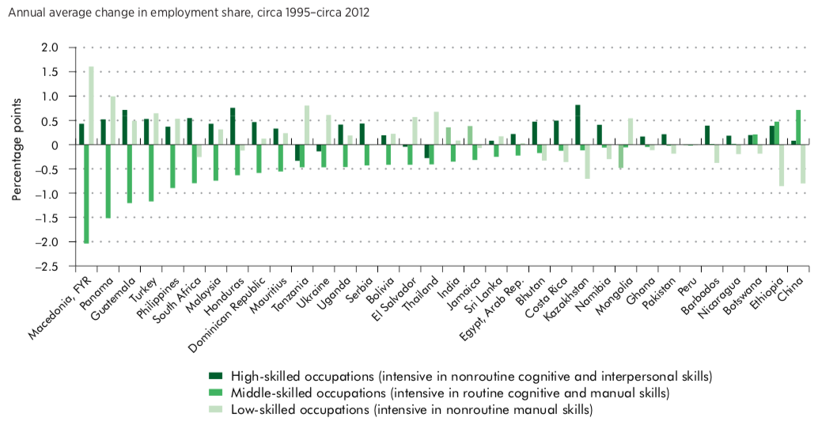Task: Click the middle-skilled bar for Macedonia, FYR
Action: coord(86,194)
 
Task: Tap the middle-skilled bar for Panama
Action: coord(108,181)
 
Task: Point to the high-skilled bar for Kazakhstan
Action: coord(578,125)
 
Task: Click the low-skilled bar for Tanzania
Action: coord(307,125)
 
